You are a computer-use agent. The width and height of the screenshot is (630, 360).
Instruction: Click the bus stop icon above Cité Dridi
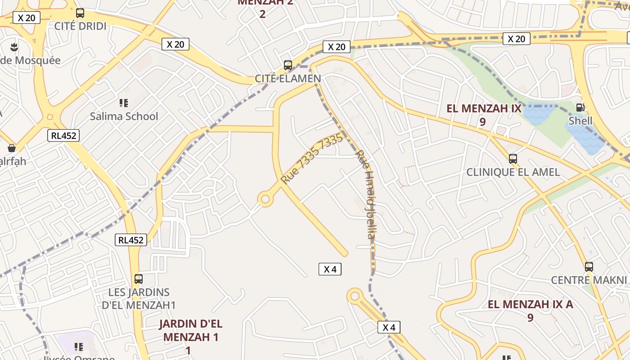click(80, 13)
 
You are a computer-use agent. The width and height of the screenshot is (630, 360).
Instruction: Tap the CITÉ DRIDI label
click(81, 26)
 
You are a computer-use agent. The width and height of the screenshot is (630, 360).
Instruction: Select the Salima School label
click(124, 116)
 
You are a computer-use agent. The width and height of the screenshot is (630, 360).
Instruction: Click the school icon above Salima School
click(124, 103)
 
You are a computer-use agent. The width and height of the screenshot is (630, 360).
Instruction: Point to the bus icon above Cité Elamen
click(288, 65)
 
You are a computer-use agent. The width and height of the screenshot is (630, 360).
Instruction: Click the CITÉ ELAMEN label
click(288, 78)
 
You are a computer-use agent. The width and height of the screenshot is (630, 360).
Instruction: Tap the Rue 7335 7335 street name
click(311, 158)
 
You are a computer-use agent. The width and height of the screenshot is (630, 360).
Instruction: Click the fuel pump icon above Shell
click(580, 107)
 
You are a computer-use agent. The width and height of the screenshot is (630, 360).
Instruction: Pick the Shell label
click(580, 121)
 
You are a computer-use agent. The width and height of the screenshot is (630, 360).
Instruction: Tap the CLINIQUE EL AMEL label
click(513, 172)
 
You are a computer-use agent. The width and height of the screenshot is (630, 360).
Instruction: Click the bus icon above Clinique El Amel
click(513, 158)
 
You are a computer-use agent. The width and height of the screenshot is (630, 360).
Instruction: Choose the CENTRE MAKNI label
click(589, 280)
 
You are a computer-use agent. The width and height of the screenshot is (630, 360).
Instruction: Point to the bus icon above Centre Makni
click(589, 266)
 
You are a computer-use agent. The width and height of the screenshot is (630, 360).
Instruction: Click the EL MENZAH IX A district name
click(531, 305)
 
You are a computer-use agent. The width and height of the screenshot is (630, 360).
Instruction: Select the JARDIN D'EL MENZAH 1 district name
click(191, 330)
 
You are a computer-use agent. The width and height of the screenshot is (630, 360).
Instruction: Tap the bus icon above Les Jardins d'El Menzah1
click(139, 279)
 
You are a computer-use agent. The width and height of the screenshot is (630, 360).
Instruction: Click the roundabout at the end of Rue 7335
click(265, 199)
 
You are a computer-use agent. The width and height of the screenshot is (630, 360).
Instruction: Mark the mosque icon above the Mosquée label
click(14, 46)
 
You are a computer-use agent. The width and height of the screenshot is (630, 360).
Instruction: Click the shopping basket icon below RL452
click(12, 148)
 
